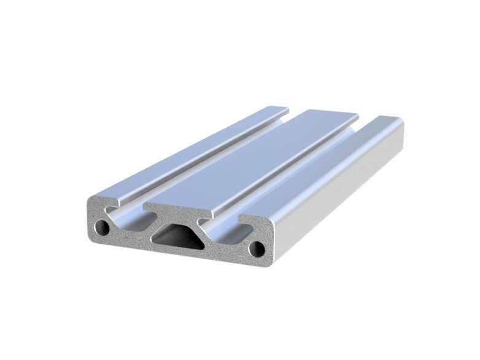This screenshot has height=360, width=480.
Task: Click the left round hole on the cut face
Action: [x=105, y=228]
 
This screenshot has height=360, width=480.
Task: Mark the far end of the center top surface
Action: [x=328, y=115]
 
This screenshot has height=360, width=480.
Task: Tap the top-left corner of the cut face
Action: [x=91, y=200]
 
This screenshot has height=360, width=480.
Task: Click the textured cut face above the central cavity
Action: [x=175, y=213]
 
